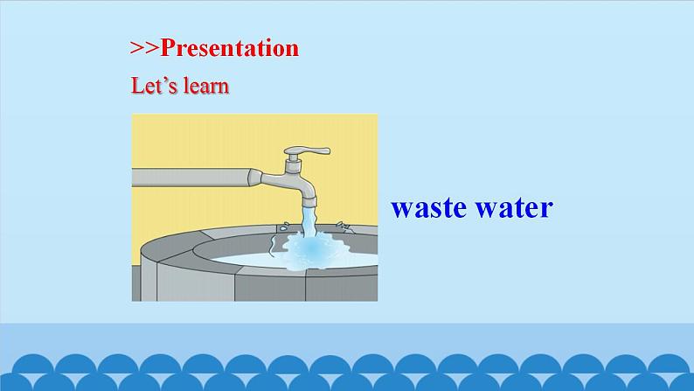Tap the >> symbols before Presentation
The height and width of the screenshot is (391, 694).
(144, 49)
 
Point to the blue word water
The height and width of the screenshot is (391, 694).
(517, 208)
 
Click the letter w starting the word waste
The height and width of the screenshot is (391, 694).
(403, 210)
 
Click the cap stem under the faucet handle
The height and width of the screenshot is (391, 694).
(291, 163)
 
